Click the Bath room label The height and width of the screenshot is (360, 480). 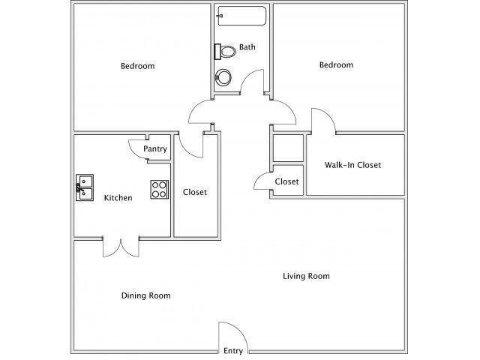click(x=247, y=47)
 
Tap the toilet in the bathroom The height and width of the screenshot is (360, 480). click(x=223, y=51)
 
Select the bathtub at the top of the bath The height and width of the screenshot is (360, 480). click(x=240, y=16)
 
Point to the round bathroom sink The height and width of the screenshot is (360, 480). click(x=223, y=77)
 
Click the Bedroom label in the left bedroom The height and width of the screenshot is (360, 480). click(x=137, y=66)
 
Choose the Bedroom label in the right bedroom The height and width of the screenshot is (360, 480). click(x=336, y=65)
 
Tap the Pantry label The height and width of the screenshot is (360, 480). click(x=155, y=149)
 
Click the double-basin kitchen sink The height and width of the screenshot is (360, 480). click(x=83, y=187)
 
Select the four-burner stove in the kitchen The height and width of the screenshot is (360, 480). click(x=159, y=189)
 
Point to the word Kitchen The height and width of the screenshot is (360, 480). click(x=118, y=198)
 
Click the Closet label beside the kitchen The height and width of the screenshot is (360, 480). click(x=195, y=192)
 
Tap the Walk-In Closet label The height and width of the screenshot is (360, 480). click(x=352, y=165)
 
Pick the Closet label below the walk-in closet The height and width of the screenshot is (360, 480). click(x=286, y=181)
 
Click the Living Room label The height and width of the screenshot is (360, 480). click(x=306, y=276)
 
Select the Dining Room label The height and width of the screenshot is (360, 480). click(x=145, y=295)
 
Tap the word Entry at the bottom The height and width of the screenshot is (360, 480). click(x=233, y=351)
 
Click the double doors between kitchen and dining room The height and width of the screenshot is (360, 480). click(x=121, y=247)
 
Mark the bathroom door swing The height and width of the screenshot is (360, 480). click(x=253, y=82)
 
